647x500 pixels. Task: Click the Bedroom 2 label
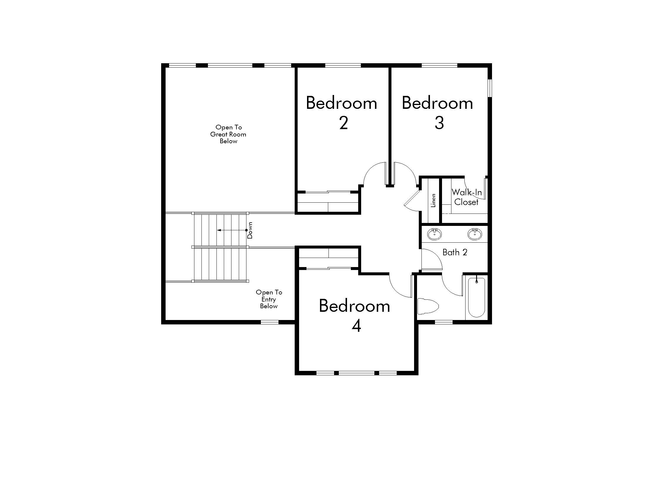click(x=341, y=113)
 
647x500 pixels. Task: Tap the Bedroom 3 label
click(x=438, y=113)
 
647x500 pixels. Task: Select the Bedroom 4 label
click(x=355, y=316)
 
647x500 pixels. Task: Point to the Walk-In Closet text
click(x=467, y=197)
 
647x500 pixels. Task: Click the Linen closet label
click(x=433, y=201)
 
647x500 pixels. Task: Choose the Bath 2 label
click(x=455, y=252)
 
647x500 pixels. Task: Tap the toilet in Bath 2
click(x=428, y=306)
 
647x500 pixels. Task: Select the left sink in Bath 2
click(x=435, y=234)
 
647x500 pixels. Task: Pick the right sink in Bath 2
click(x=475, y=234)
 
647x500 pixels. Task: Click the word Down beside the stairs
click(x=250, y=231)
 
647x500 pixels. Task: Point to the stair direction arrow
click(x=232, y=230)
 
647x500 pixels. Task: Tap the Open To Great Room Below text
click(x=229, y=134)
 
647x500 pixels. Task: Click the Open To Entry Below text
click(x=269, y=299)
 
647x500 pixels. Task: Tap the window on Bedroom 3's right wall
click(x=490, y=88)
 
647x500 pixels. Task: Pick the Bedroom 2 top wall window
click(x=343, y=65)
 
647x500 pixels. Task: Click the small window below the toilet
click(x=444, y=322)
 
